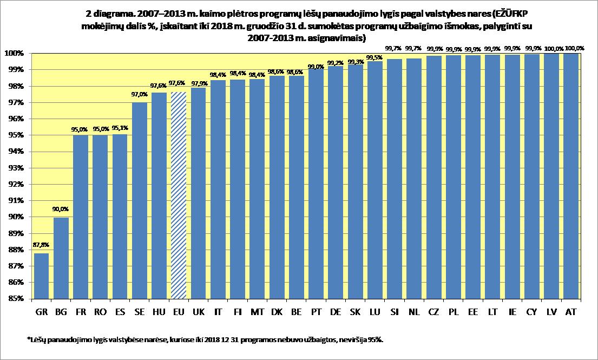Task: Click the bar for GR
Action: pyautogui.click(x=41, y=276)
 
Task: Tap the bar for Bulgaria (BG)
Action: pyautogui.click(x=61, y=258)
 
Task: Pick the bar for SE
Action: pyautogui.click(x=139, y=200)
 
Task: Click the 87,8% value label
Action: pyautogui.click(x=41, y=245)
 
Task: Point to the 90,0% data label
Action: pyautogui.click(x=61, y=209)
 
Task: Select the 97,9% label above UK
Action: pyautogui.click(x=198, y=83)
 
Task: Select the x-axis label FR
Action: pyautogui.click(x=81, y=312)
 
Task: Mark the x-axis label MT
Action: pyautogui.click(x=257, y=312)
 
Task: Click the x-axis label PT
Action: pyautogui.click(x=316, y=312)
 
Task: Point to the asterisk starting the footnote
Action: pyautogui.click(x=28, y=339)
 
